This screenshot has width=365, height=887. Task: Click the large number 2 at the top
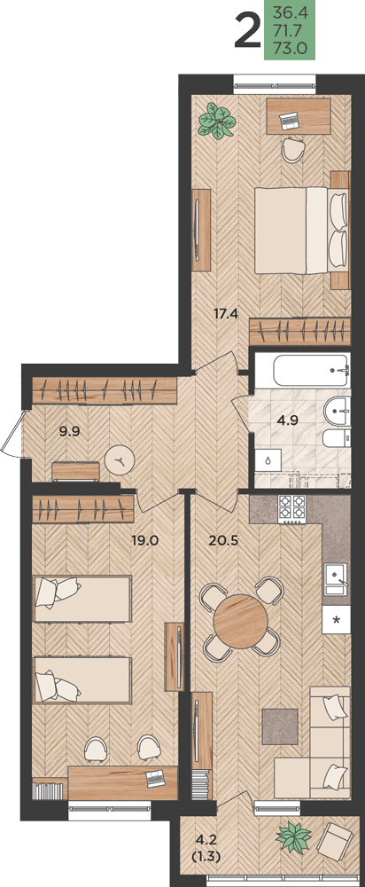[x=247, y=32]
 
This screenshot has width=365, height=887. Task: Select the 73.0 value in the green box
[x=290, y=49]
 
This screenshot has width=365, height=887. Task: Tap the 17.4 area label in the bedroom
[x=225, y=312]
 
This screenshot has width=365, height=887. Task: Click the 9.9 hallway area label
[x=70, y=432]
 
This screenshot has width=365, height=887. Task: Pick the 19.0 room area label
[x=144, y=540]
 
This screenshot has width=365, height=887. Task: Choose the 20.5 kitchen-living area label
[x=223, y=540]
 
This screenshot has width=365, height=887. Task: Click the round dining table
[x=241, y=620]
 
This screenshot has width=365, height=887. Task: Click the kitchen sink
[x=336, y=578]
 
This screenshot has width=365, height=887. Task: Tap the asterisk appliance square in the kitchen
[x=336, y=619]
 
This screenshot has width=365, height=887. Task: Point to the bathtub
[x=311, y=371]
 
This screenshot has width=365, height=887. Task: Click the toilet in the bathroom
[x=336, y=438]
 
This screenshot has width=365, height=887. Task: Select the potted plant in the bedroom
[x=215, y=120]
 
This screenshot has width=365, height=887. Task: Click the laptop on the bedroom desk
[x=290, y=120]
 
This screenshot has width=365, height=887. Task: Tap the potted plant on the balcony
[x=293, y=838]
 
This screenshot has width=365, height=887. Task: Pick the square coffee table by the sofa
[x=280, y=726]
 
